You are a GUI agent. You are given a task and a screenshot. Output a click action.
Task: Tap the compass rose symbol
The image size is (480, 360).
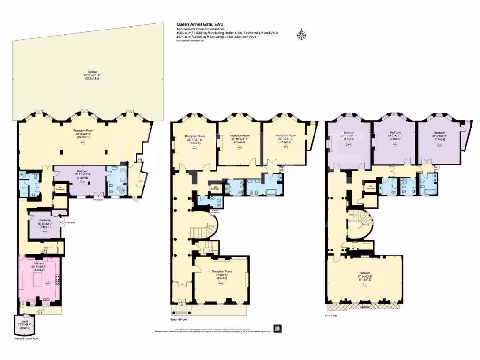(300, 34)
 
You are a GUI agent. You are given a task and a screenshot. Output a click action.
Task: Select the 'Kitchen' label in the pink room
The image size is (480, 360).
(39, 263)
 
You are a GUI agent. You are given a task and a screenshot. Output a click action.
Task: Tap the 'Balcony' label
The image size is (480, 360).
(365, 307)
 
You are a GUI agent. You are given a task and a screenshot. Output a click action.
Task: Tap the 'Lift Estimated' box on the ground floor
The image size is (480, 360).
(215, 188)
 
